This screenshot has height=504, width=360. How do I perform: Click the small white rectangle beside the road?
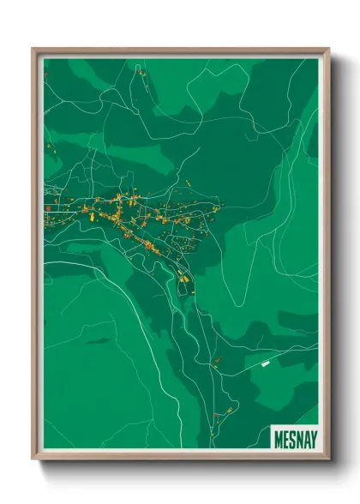pyautogui.click(x=265, y=365)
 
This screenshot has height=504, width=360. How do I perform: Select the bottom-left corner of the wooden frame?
pyautogui.click(x=33, y=459)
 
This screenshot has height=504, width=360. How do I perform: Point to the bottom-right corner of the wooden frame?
pyautogui.click(x=328, y=459)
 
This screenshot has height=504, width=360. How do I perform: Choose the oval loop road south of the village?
pyautogui.click(x=183, y=279)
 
